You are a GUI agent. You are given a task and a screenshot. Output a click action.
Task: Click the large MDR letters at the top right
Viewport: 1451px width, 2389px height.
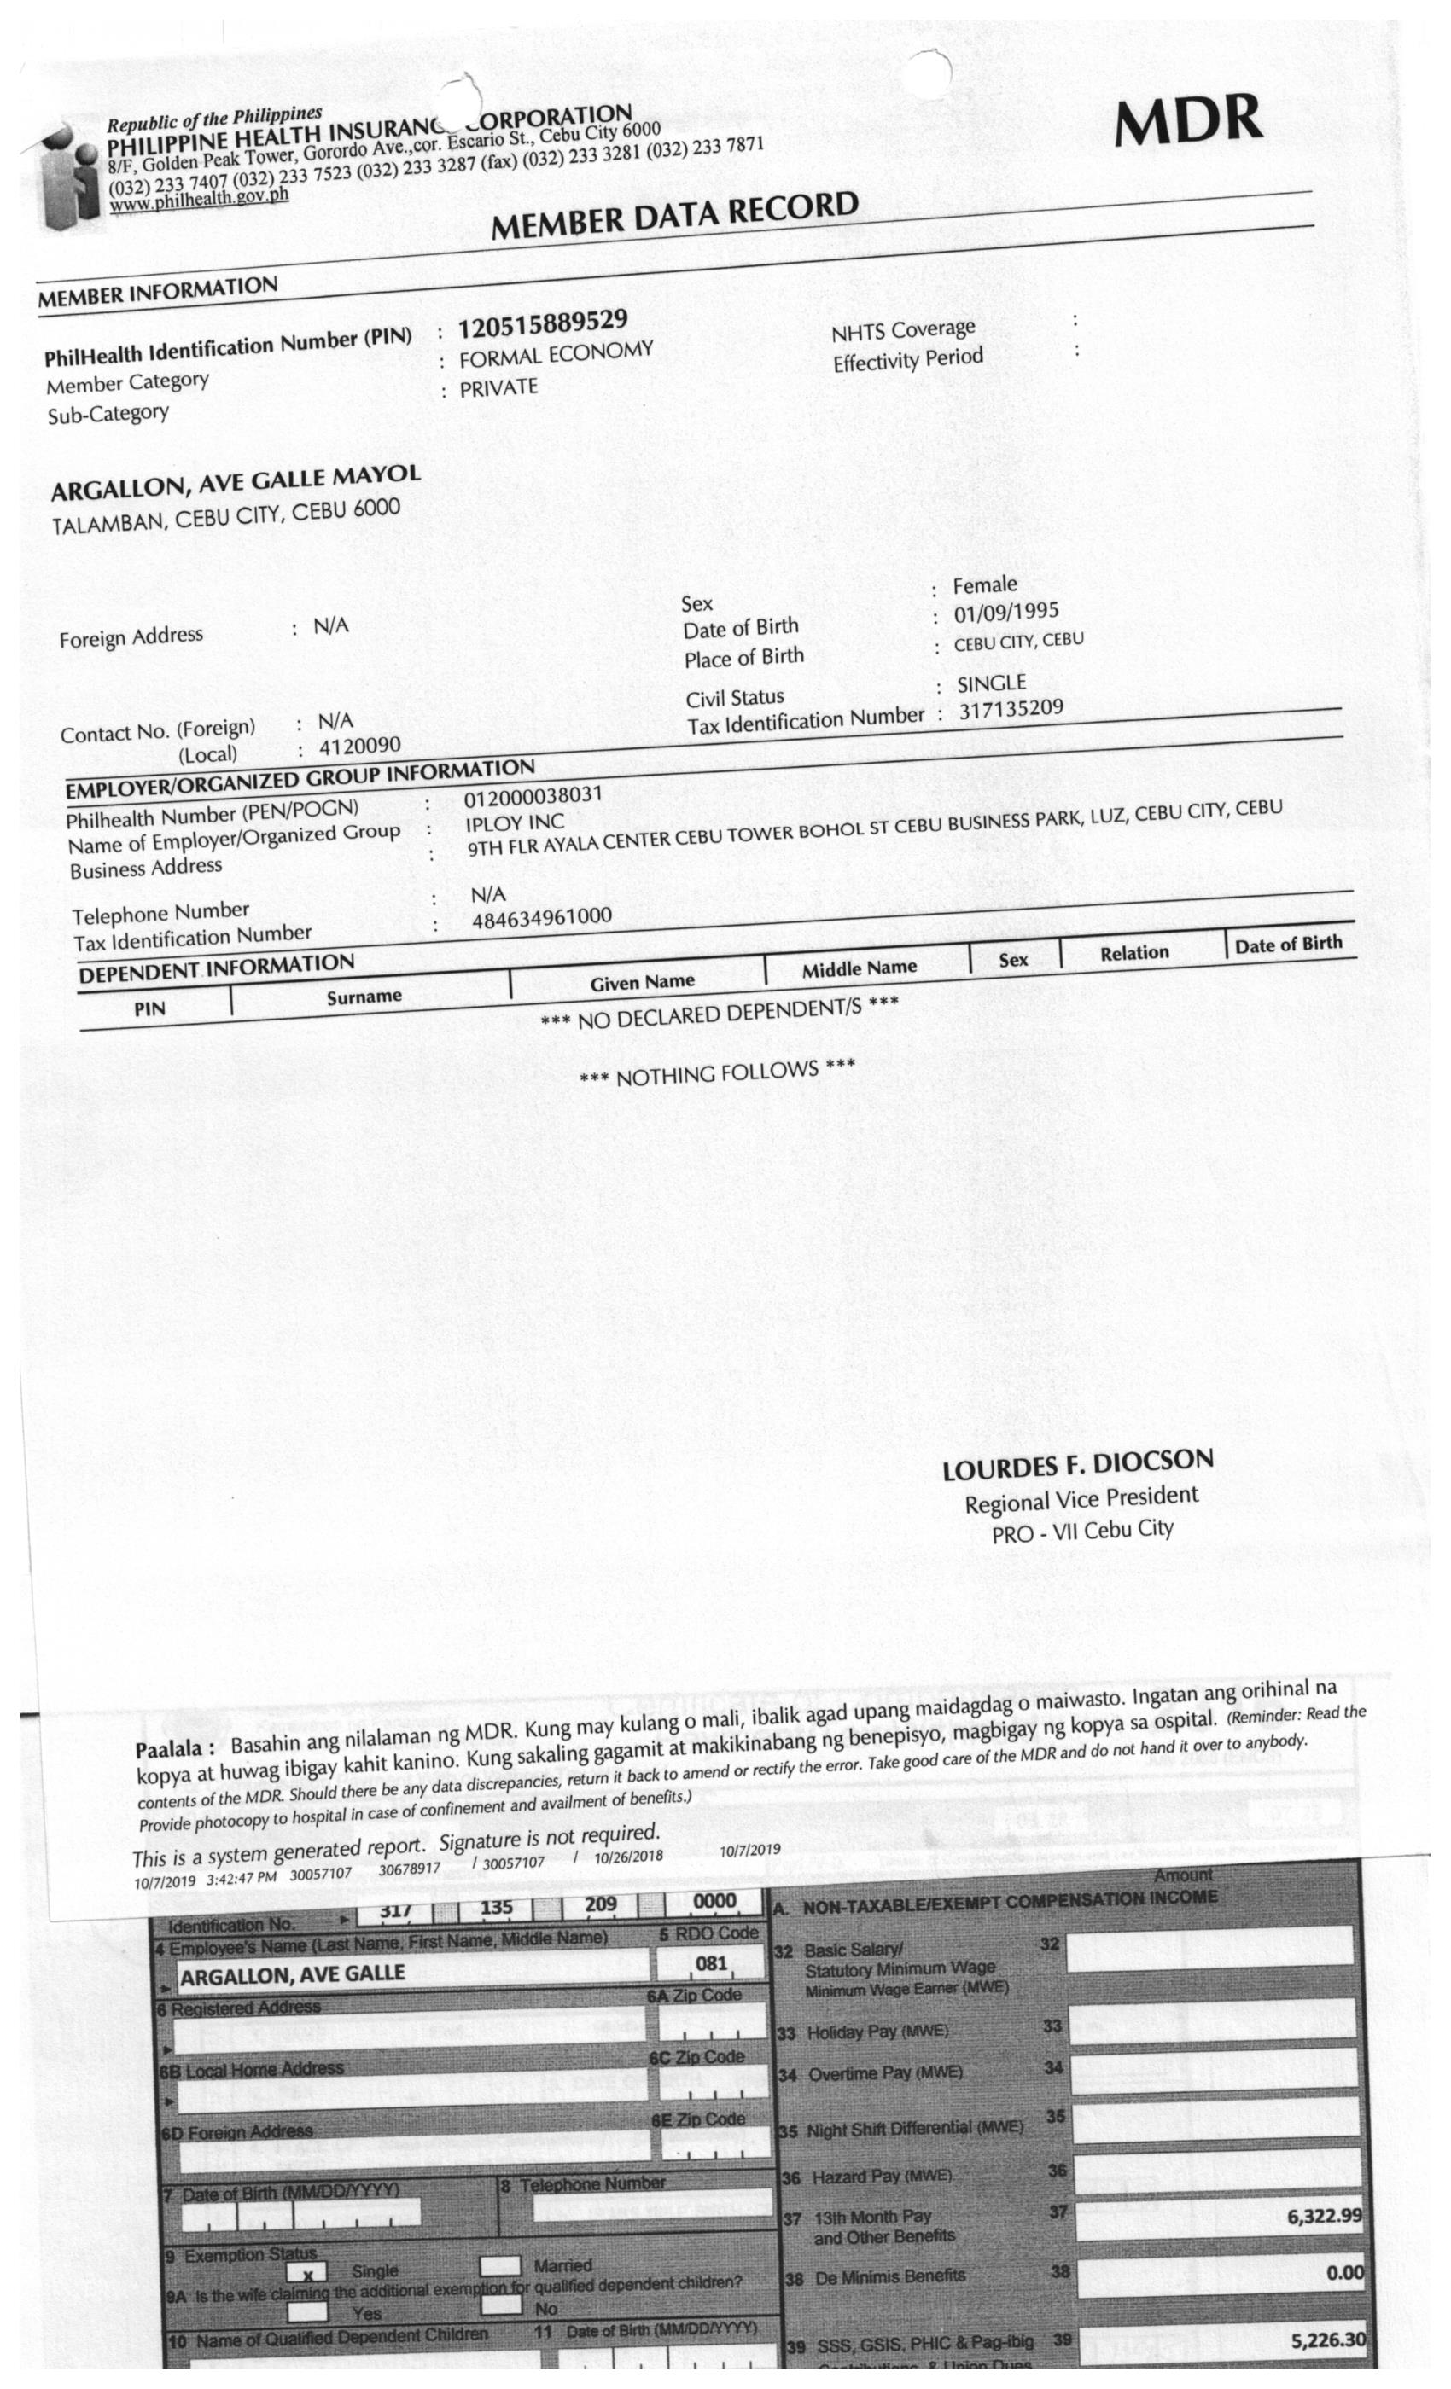(1188, 121)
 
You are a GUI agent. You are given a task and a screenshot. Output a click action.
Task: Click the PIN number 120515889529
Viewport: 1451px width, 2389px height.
(542, 324)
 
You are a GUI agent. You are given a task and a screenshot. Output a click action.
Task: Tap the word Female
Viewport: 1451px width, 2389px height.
(984, 585)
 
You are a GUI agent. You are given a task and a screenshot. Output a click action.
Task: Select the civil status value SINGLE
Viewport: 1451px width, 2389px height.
(991, 683)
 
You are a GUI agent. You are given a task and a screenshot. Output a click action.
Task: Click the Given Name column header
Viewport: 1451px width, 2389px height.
(642, 983)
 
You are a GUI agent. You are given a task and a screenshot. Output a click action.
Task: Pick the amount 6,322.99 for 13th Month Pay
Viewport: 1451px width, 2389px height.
(1324, 2216)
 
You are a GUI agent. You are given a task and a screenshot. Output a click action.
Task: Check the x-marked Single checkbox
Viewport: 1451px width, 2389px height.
(307, 2271)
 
